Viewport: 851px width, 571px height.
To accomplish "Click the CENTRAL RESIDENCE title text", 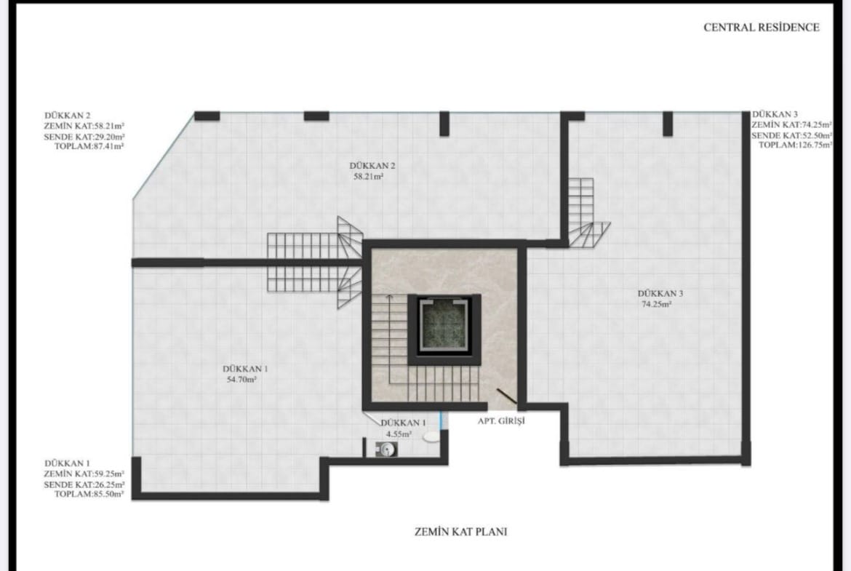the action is tap(762, 27).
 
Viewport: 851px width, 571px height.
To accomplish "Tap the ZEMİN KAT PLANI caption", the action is tap(461, 532).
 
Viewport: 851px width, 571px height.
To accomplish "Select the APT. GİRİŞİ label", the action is tap(501, 420).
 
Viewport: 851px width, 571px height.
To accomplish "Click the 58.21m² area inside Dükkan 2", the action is tap(369, 177).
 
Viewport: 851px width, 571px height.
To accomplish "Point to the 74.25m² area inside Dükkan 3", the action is tap(657, 304).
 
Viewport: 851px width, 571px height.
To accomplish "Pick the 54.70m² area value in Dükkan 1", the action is tap(241, 380).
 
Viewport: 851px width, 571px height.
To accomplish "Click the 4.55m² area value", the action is tap(399, 434).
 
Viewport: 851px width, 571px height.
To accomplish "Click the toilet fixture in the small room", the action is tap(386, 449).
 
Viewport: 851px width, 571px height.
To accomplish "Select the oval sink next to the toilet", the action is tap(432, 436).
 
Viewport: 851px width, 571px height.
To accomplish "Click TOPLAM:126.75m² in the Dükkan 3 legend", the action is tap(796, 145).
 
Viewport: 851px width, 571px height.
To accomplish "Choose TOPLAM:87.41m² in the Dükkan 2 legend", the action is tap(89, 146).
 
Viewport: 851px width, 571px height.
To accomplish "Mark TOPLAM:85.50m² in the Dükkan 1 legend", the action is tap(89, 495).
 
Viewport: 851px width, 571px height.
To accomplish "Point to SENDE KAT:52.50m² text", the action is tap(792, 135).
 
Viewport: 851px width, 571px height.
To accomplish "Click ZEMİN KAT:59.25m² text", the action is tap(84, 474).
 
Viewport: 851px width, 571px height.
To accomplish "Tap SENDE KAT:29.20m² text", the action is tap(84, 136).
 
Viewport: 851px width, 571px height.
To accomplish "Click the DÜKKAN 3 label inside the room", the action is tap(660, 294).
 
